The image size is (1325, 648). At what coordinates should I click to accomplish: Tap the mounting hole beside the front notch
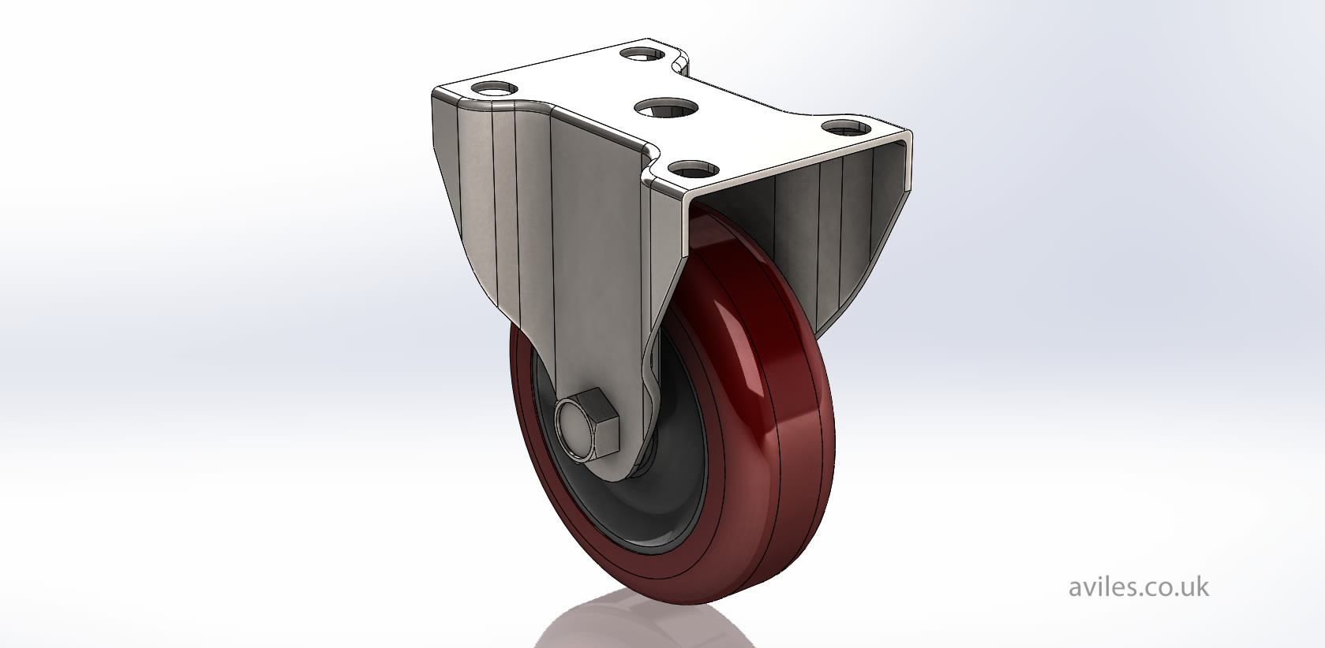(696, 168)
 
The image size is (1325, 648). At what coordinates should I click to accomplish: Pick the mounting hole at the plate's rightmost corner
(845, 125)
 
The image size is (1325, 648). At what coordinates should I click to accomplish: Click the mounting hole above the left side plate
(495, 87)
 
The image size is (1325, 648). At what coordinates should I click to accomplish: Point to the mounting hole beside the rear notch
(641, 54)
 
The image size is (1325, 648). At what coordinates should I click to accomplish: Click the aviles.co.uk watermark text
(1138, 587)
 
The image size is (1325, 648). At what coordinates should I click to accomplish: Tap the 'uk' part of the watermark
(1194, 587)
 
